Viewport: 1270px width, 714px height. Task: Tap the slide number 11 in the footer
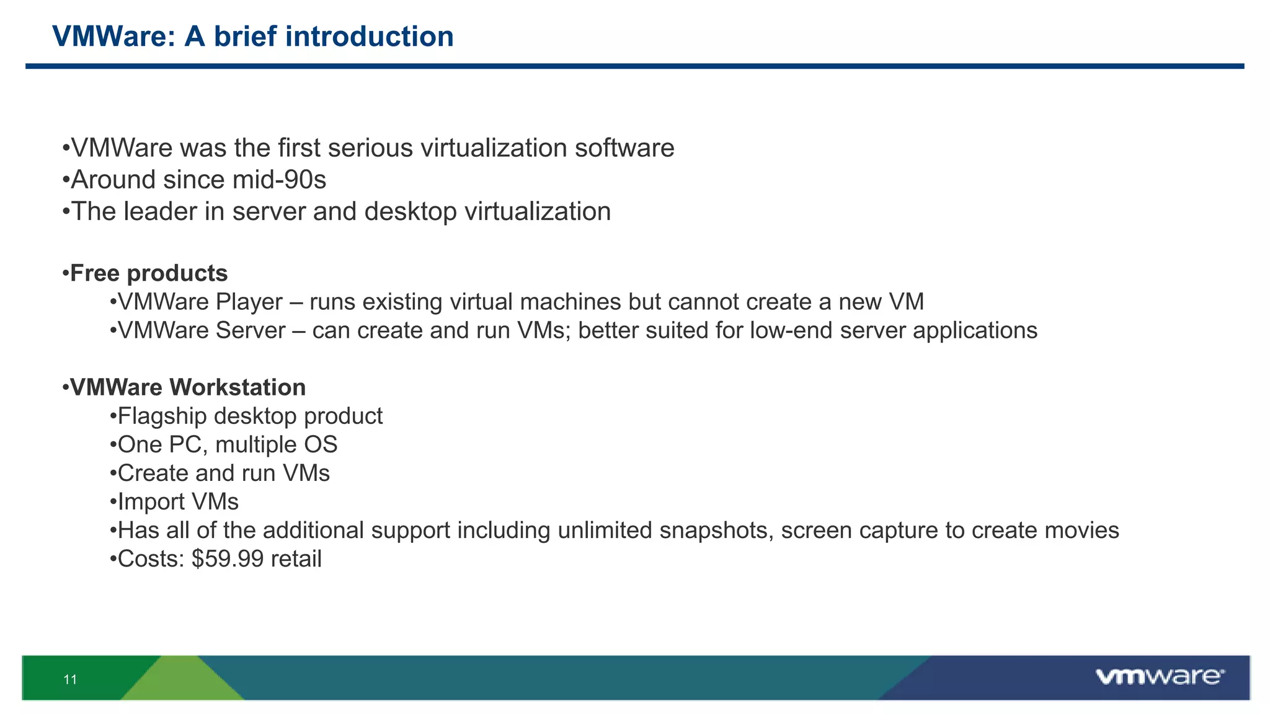[x=70, y=679]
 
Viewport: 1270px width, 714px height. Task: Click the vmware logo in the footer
[x=1159, y=676]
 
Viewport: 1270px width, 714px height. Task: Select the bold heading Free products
[x=149, y=273]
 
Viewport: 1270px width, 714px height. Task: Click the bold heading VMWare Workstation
[x=188, y=387]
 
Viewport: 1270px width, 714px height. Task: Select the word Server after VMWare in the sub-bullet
[x=251, y=330]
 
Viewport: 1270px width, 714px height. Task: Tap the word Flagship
[x=162, y=416]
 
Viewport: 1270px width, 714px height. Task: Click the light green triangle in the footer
[x=183, y=682]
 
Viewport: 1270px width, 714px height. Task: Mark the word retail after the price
[x=296, y=559]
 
